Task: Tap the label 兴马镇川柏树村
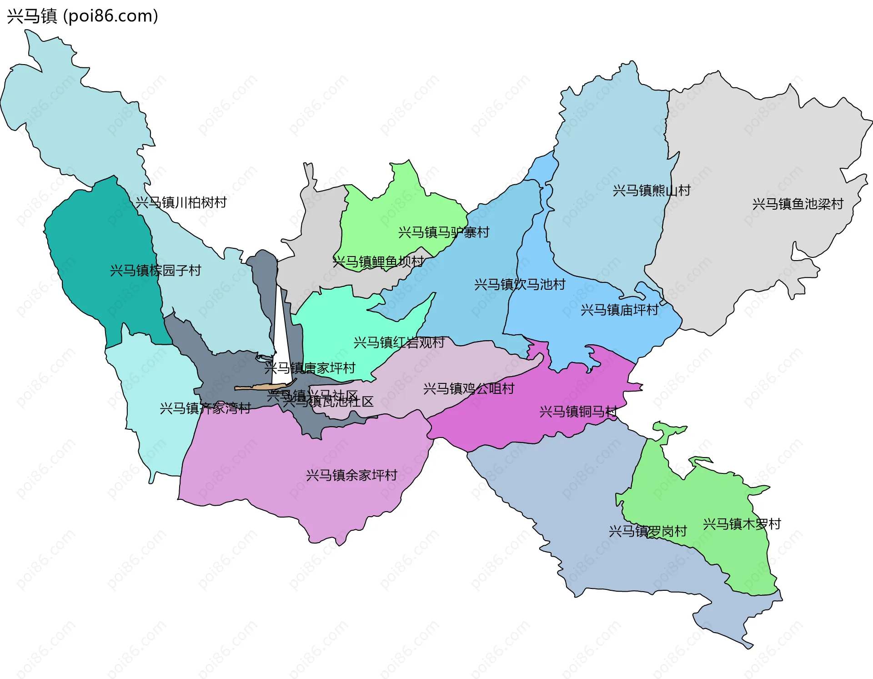(x=181, y=202)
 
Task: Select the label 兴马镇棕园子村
(x=156, y=271)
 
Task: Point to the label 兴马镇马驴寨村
(x=444, y=232)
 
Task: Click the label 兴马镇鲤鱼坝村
(x=378, y=262)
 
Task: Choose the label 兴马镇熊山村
(x=652, y=190)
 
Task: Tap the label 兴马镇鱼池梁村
(x=798, y=204)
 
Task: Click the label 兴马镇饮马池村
(x=520, y=284)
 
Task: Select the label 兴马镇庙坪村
(x=619, y=310)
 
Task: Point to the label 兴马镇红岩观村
(x=399, y=342)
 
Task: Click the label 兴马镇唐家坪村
(x=310, y=368)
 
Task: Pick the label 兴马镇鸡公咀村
(x=469, y=388)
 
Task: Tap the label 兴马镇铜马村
(x=578, y=412)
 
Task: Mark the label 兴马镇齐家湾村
(x=206, y=408)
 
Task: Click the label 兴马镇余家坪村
(x=351, y=475)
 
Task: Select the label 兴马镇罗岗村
(x=647, y=531)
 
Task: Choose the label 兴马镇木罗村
(x=742, y=524)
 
